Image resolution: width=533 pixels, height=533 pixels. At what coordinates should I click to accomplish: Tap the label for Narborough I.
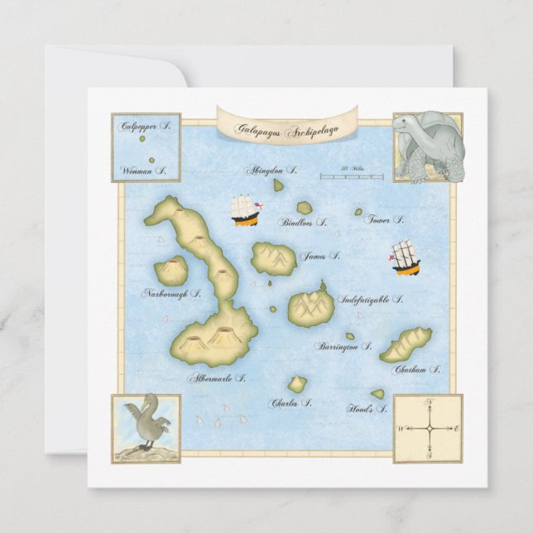[171, 294]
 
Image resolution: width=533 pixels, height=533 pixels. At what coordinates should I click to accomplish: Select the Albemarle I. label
[217, 378]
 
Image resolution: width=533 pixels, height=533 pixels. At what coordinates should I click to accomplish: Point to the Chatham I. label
[417, 370]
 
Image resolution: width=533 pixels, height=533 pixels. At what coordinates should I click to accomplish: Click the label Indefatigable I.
[371, 300]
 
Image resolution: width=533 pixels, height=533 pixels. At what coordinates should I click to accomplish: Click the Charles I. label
[291, 403]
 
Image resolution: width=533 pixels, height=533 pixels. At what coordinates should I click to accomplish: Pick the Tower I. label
[385, 220]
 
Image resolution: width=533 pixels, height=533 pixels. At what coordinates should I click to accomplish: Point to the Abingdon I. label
[271, 170]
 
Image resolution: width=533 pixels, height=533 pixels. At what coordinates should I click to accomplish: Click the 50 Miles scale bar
[352, 175]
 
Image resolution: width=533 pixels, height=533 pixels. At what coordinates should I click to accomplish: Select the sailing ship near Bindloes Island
[246, 210]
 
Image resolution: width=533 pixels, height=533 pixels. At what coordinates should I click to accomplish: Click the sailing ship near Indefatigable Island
[406, 258]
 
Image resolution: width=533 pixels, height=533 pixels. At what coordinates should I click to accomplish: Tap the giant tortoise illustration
[426, 147]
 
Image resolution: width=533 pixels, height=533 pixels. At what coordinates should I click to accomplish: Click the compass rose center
[428, 428]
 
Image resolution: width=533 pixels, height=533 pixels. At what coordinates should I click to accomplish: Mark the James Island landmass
[273, 258]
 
